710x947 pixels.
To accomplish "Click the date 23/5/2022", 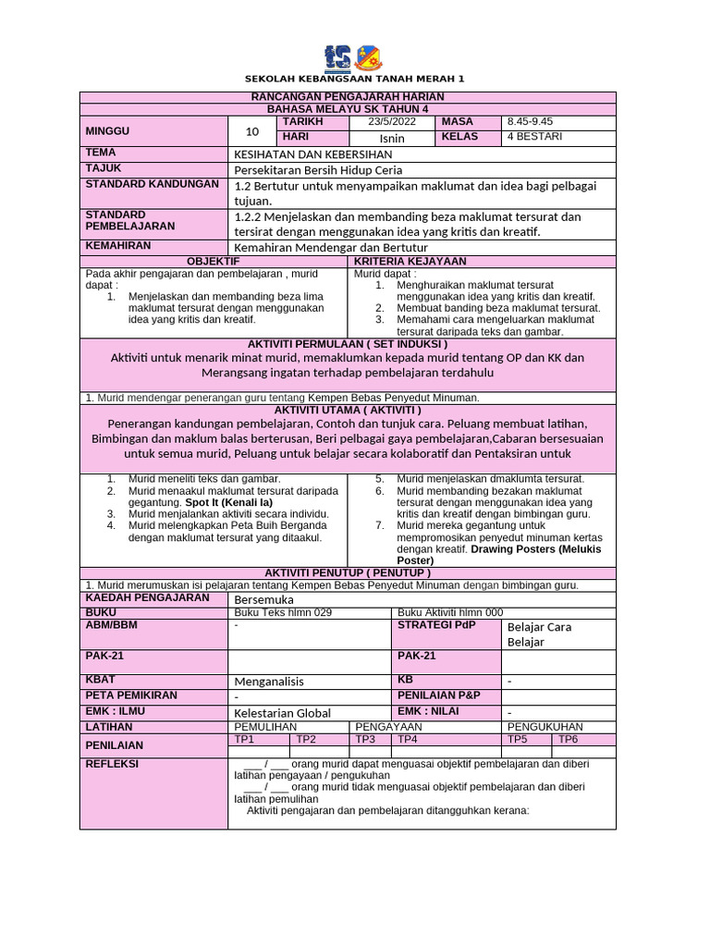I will tap(392, 122).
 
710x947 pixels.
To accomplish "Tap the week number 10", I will tap(252, 131).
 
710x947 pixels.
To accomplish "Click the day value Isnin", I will tap(393, 138).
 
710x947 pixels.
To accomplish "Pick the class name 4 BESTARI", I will tap(534, 137).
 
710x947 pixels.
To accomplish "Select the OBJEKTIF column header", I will tap(214, 262).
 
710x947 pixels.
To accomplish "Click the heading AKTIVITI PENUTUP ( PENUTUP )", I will tap(348, 572).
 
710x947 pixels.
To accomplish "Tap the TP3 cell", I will tap(366, 740).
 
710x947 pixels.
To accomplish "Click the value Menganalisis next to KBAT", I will tap(269, 682).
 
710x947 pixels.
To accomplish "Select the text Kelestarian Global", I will tap(282, 713).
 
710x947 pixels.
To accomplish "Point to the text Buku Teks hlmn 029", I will tap(275, 612).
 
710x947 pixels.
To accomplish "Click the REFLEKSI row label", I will tap(112, 764).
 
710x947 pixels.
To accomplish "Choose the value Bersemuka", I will tap(264, 599).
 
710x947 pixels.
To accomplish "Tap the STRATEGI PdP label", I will tap(430, 626).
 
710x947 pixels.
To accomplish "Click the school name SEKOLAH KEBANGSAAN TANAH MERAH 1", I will tap(354, 79).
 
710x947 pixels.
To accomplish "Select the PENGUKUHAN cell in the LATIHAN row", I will tap(545, 728).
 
